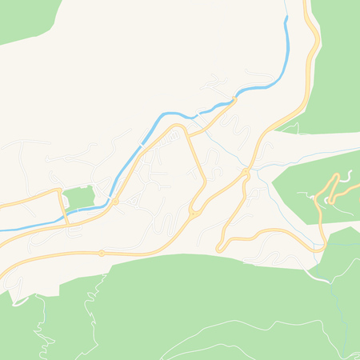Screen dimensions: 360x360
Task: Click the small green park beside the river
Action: tap(78, 197)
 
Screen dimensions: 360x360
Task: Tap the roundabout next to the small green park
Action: tap(115, 202)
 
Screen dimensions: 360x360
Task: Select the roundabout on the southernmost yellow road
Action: tap(102, 253)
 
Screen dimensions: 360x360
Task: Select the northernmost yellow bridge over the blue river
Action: tap(234, 99)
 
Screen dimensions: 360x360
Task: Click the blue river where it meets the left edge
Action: tap(2, 230)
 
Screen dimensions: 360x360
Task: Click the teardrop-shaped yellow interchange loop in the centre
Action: tap(194, 211)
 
